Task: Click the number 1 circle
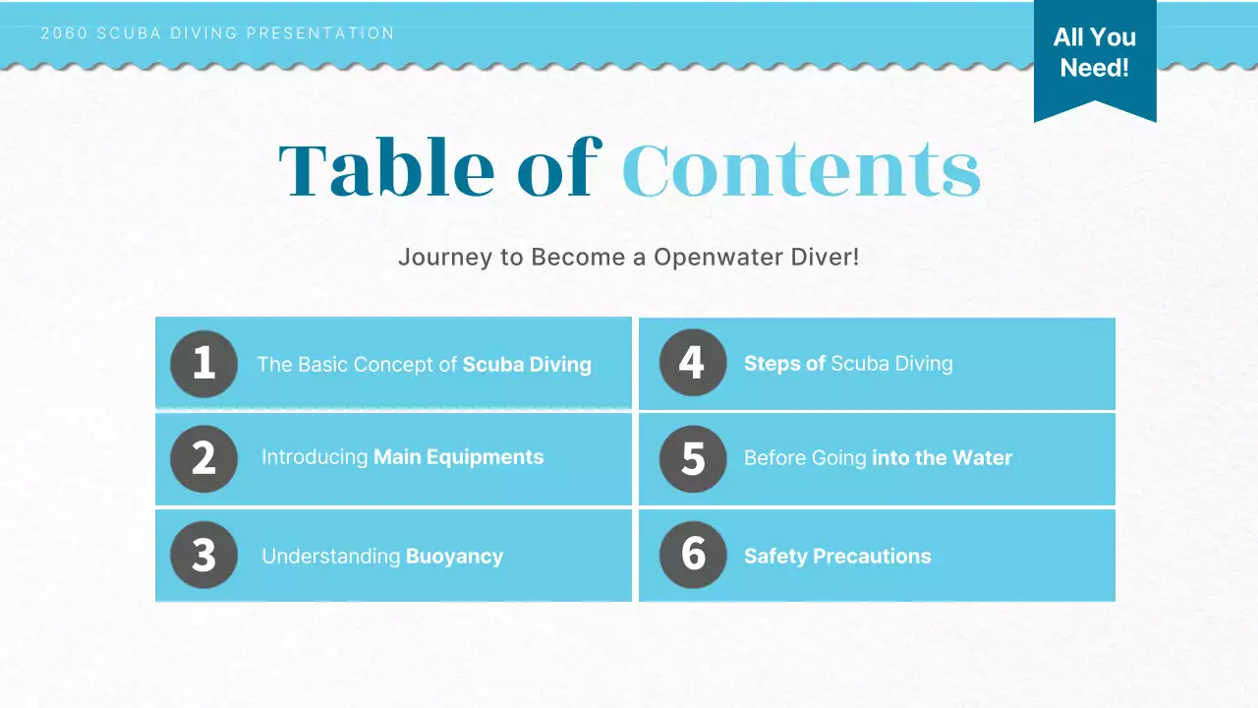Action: point(203,364)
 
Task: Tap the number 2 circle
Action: point(203,458)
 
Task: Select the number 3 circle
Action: point(203,556)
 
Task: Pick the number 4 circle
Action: point(692,363)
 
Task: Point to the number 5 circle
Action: point(692,458)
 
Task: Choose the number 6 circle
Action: point(692,555)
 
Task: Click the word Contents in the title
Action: point(801,169)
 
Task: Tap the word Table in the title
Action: point(386,169)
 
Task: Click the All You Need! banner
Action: point(1094,53)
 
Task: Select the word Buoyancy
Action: point(454,557)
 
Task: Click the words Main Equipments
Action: point(458,457)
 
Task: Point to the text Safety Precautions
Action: point(837,557)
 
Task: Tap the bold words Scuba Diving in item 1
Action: point(527,365)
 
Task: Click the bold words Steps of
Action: point(784,364)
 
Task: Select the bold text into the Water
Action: point(942,458)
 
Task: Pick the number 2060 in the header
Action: point(64,33)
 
